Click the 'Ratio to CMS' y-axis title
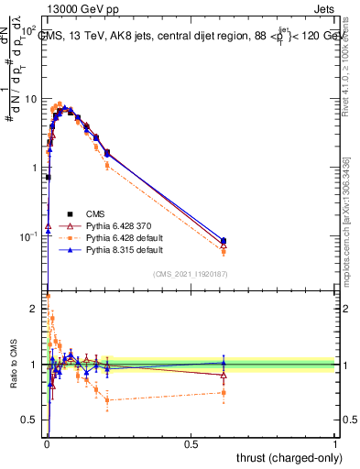[x=13, y=365]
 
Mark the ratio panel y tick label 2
[x=36, y=309]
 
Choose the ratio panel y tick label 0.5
[x=31, y=420]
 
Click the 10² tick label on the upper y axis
[x=29, y=30]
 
